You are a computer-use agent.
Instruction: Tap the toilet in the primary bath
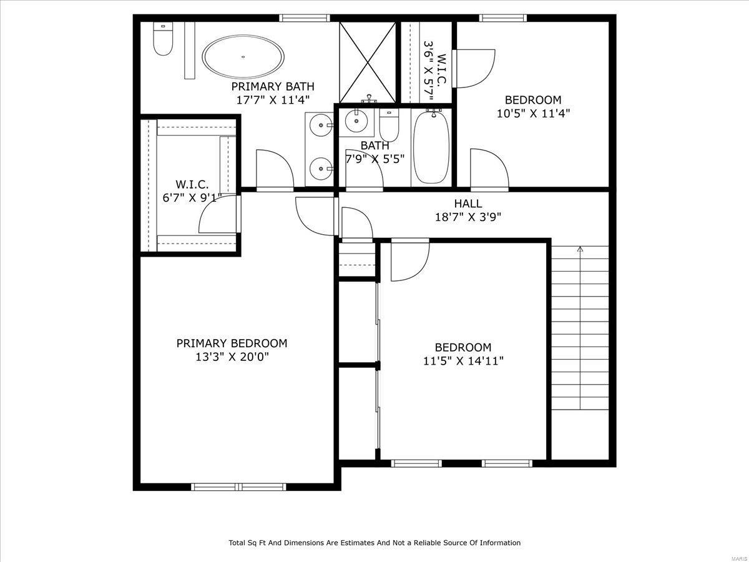tap(163, 39)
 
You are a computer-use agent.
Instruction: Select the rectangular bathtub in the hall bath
tap(431, 147)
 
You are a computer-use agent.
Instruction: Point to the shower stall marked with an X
tap(368, 62)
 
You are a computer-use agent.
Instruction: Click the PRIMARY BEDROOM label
tap(232, 343)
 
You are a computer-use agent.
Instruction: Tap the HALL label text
tap(468, 204)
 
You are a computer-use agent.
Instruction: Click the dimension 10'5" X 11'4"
tap(533, 113)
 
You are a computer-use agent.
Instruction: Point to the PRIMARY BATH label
tap(273, 86)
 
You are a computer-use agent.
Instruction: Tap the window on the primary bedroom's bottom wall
tap(238, 486)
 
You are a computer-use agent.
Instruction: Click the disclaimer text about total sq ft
tap(374, 543)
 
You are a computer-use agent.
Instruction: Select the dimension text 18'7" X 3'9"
tap(468, 217)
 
